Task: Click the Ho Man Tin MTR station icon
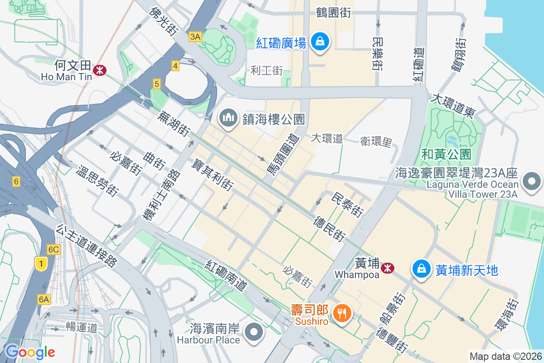pyautogui.click(x=99, y=70)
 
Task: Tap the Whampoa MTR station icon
pyautogui.click(x=388, y=268)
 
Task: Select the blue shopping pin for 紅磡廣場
pyautogui.click(x=320, y=42)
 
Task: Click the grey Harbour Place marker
pyautogui.click(x=254, y=332)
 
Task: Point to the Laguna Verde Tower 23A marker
pyautogui.click(x=532, y=181)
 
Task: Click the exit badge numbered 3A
pyautogui.click(x=195, y=37)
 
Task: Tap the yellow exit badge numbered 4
pyautogui.click(x=175, y=66)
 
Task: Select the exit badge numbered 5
pyautogui.click(x=156, y=83)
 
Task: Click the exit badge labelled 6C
pyautogui.click(x=53, y=249)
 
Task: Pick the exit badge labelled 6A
pyautogui.click(x=44, y=299)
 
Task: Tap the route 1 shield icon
pyautogui.click(x=41, y=264)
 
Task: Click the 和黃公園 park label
pyautogui.click(x=446, y=154)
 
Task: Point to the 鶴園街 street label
pyautogui.click(x=334, y=13)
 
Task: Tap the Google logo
pyautogui.click(x=30, y=352)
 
